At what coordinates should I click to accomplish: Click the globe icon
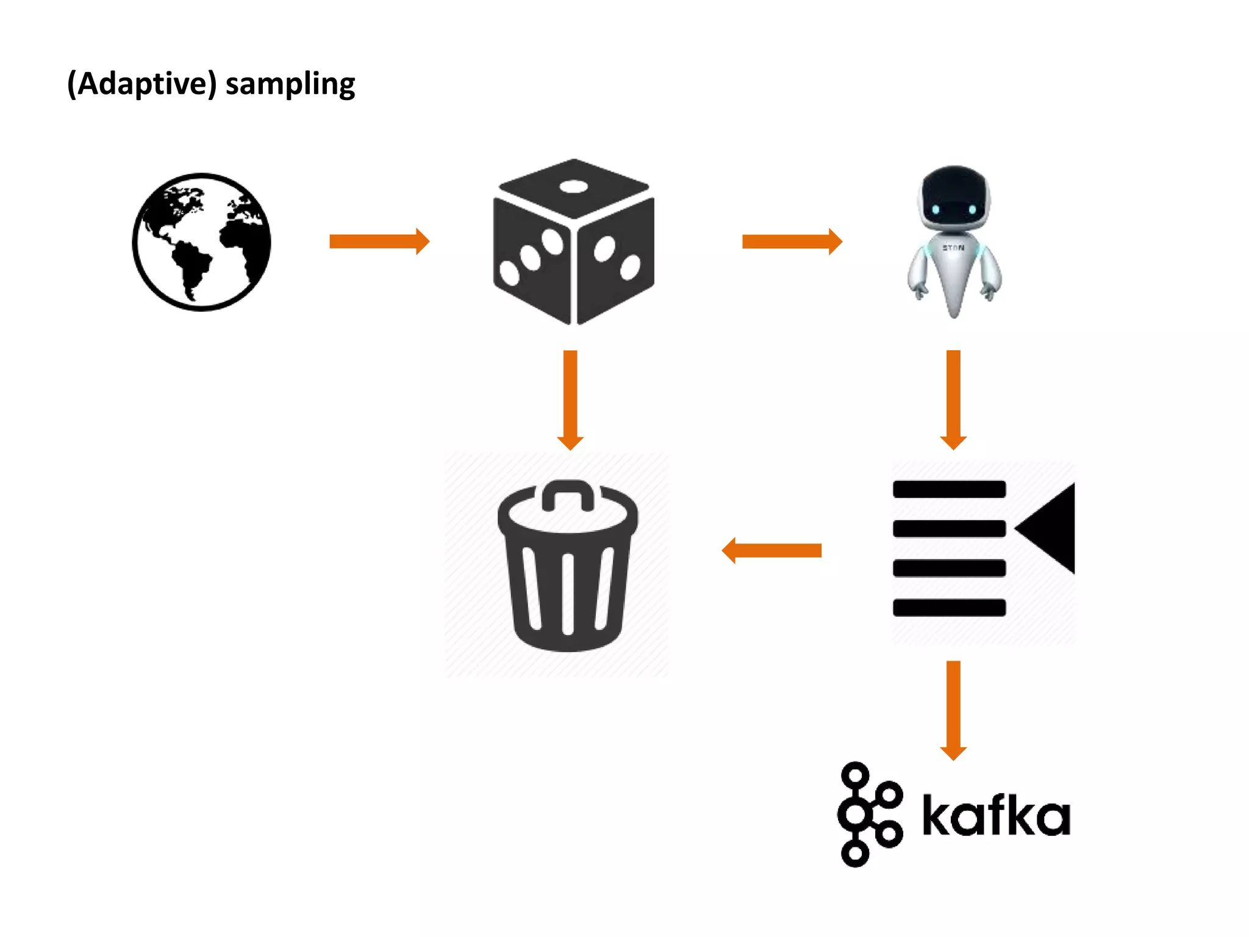[201, 242]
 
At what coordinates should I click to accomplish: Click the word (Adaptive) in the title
[141, 84]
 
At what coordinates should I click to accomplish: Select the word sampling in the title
[290, 84]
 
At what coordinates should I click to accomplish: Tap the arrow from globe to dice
[379, 242]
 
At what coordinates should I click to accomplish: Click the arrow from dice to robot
[792, 242]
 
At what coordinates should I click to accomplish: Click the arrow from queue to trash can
[772, 551]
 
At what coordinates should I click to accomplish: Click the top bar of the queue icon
[949, 489]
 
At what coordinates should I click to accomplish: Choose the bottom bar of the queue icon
[949, 608]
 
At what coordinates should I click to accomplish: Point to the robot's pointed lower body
[954, 287]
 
